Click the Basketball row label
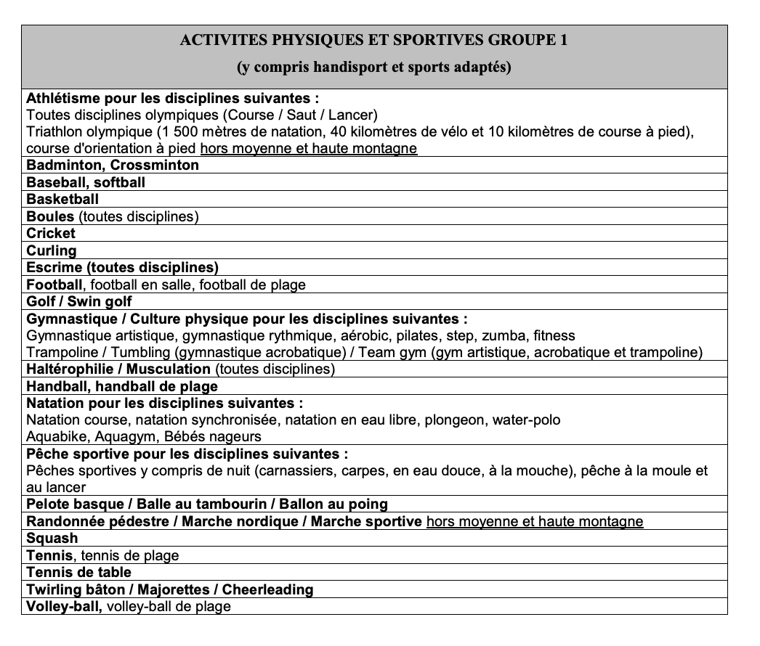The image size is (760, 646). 62,199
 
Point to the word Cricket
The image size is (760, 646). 51,233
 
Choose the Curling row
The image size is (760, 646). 52,250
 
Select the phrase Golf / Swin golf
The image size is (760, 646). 79,301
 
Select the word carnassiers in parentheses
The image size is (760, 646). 275,470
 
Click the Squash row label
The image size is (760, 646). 52,539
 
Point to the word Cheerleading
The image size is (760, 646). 267,589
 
